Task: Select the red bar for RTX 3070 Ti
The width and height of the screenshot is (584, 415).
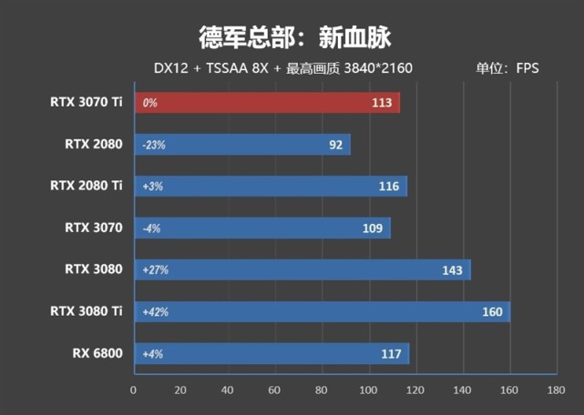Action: pyautogui.click(x=266, y=103)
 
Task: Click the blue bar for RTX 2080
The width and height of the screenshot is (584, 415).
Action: pyautogui.click(x=241, y=144)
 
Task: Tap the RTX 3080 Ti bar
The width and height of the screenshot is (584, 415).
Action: pyautogui.click(x=322, y=312)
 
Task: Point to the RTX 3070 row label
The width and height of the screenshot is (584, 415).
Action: pyautogui.click(x=93, y=228)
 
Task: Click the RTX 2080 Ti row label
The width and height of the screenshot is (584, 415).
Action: pyautogui.click(x=87, y=186)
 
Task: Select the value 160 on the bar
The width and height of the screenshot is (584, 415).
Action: pyautogui.click(x=493, y=312)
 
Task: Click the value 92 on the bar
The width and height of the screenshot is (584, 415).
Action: pyautogui.click(x=336, y=144)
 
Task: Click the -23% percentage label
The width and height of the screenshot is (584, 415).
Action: pyautogui.click(x=153, y=145)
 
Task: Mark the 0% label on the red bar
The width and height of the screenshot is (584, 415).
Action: pyautogui.click(x=149, y=103)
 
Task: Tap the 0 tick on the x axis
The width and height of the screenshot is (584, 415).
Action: pyautogui.click(x=134, y=390)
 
